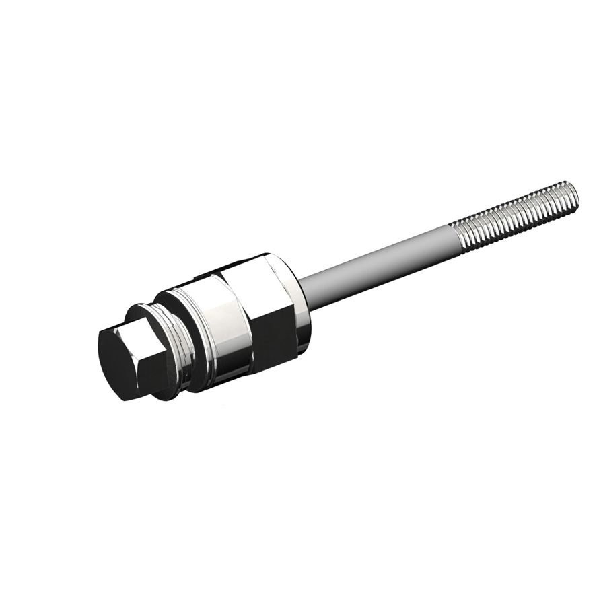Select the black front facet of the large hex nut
[273, 337]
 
